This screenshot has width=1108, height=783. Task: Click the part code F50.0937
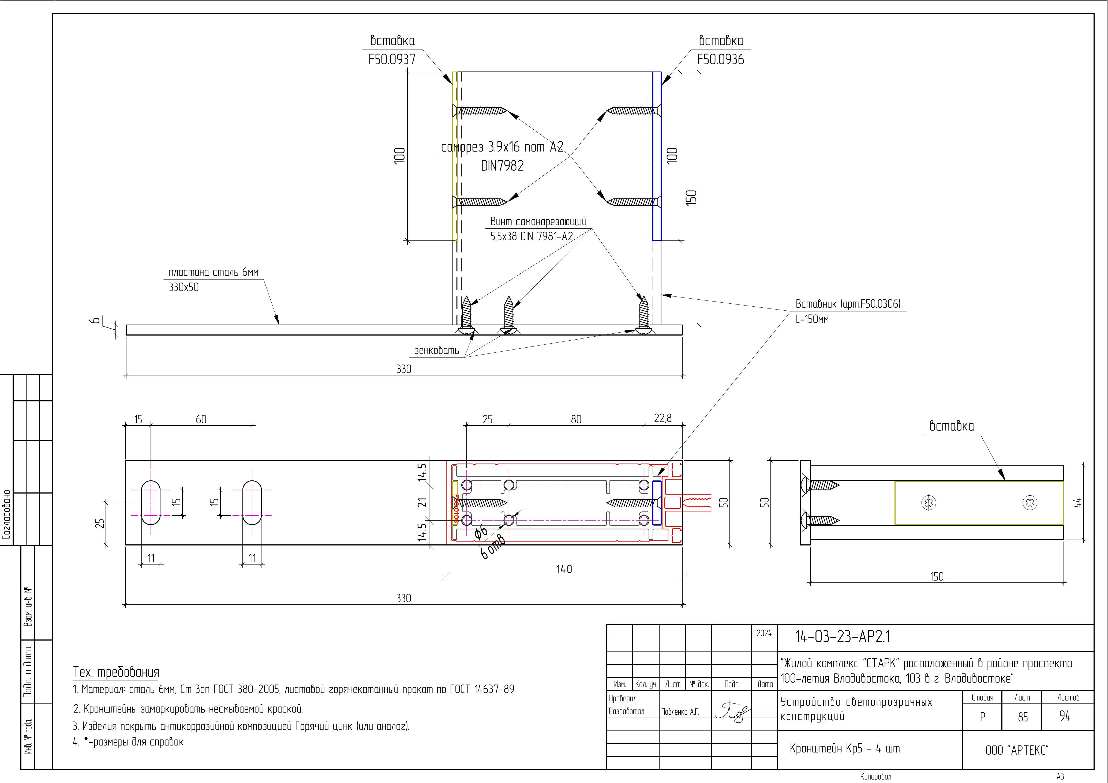tap(392, 59)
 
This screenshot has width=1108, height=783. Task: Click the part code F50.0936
tap(720, 59)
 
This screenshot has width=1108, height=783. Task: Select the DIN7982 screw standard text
tap(502, 165)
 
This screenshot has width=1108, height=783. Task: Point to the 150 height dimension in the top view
tap(691, 198)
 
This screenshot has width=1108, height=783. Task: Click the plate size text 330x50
tap(184, 287)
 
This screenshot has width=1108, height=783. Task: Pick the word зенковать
tap(437, 350)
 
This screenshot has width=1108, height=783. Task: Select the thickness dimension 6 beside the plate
tap(96, 320)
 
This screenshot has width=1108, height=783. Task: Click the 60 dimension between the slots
tap(201, 419)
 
